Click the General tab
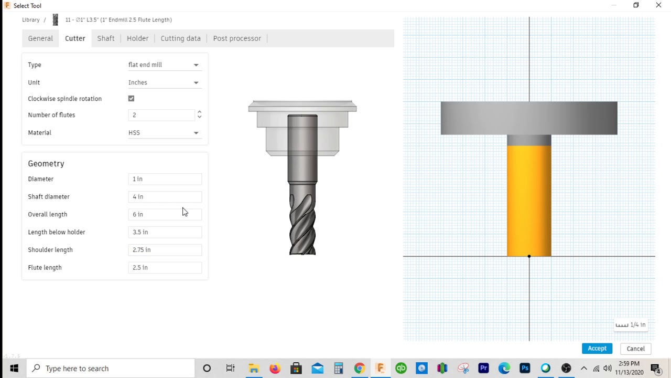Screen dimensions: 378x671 point(40,38)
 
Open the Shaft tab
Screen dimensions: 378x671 point(106,38)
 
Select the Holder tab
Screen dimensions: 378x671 point(137,38)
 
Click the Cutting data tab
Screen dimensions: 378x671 point(180,38)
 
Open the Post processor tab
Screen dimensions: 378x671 point(237,38)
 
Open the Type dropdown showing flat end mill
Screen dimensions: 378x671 point(164,65)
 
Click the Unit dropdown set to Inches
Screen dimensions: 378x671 point(164,82)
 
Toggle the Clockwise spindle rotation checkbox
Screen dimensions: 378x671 point(132,99)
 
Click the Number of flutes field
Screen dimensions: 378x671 point(161,115)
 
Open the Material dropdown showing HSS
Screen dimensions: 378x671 point(164,133)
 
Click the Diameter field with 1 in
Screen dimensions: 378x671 point(165,179)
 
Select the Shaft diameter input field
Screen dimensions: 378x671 point(165,197)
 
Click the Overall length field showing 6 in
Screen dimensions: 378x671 point(165,214)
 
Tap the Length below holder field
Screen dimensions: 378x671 point(165,232)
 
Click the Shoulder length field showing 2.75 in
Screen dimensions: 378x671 point(165,250)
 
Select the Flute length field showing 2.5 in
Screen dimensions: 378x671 point(165,268)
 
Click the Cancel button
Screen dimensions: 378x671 point(635,349)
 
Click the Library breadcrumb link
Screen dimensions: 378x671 point(31,20)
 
